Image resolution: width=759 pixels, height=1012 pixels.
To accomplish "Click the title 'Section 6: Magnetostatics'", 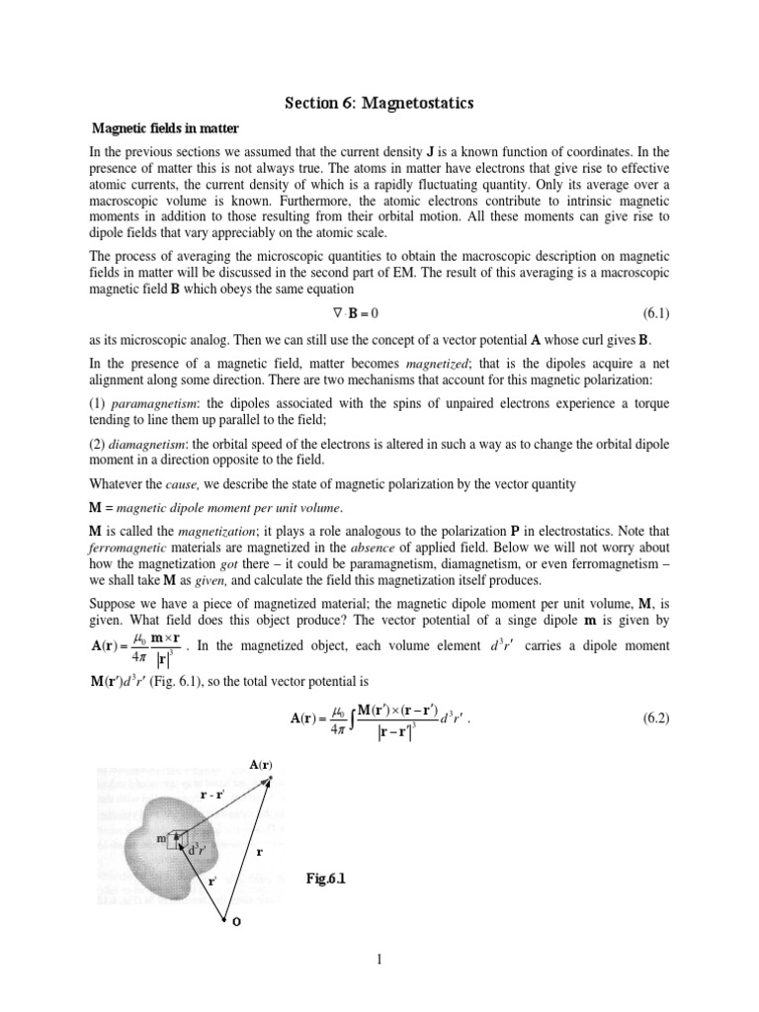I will click(x=379, y=102).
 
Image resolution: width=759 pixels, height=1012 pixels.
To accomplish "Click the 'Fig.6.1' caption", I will click(x=332, y=879).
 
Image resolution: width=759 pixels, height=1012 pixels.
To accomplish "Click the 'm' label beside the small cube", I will click(x=161, y=838).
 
